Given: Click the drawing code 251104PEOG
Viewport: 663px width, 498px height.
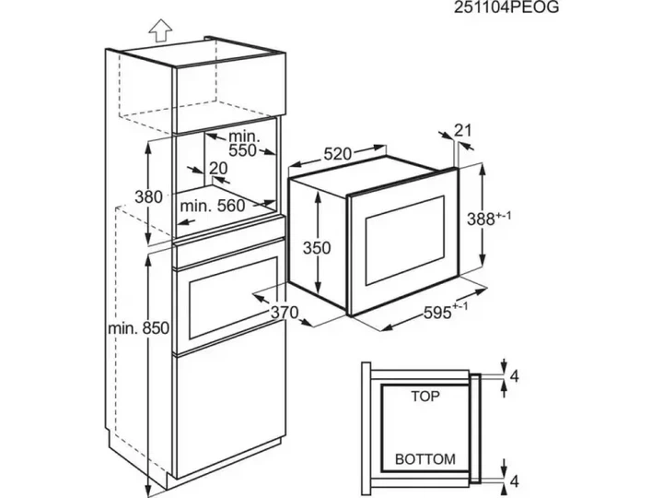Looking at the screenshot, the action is click(506, 7).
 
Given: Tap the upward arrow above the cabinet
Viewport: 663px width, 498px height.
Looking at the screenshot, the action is click(160, 30).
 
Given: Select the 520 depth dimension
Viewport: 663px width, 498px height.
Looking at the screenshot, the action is click(337, 154).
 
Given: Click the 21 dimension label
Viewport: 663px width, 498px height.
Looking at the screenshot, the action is click(462, 130).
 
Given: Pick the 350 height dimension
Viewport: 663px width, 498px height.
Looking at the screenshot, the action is click(317, 248).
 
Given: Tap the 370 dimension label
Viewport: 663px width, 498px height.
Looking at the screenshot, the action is click(285, 313).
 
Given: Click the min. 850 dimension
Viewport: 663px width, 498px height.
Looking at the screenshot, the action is click(139, 327).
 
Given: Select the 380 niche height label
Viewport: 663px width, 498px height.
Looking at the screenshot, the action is click(148, 197).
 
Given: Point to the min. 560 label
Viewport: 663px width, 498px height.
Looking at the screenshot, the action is click(213, 206).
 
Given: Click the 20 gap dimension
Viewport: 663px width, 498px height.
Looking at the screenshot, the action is click(218, 168).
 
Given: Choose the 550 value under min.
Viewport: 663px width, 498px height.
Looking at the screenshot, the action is click(242, 150).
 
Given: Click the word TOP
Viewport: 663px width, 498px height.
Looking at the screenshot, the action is click(425, 397).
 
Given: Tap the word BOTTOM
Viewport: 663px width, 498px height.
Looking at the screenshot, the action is click(425, 459).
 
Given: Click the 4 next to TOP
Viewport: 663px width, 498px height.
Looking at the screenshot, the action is click(514, 376).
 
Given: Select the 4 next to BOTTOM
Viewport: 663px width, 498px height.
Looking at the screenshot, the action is click(514, 481).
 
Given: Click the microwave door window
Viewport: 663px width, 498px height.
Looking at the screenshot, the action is click(405, 240).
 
